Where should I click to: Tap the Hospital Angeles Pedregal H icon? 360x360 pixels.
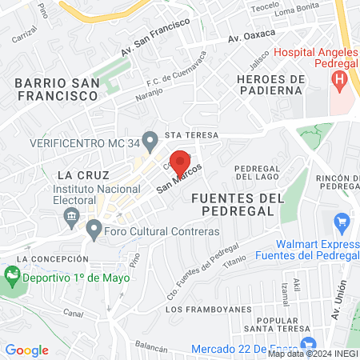click(x=339, y=80)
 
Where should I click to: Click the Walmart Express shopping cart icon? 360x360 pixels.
click(x=342, y=221)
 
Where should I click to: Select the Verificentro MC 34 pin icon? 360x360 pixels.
click(x=149, y=140)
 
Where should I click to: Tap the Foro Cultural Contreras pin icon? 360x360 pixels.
click(x=94, y=231)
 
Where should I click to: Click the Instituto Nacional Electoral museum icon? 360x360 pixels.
click(x=72, y=215)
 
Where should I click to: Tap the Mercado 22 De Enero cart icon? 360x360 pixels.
click(x=198, y=350)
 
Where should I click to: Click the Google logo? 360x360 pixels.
click(x=26, y=350)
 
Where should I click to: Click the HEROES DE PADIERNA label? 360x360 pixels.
click(x=272, y=84)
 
